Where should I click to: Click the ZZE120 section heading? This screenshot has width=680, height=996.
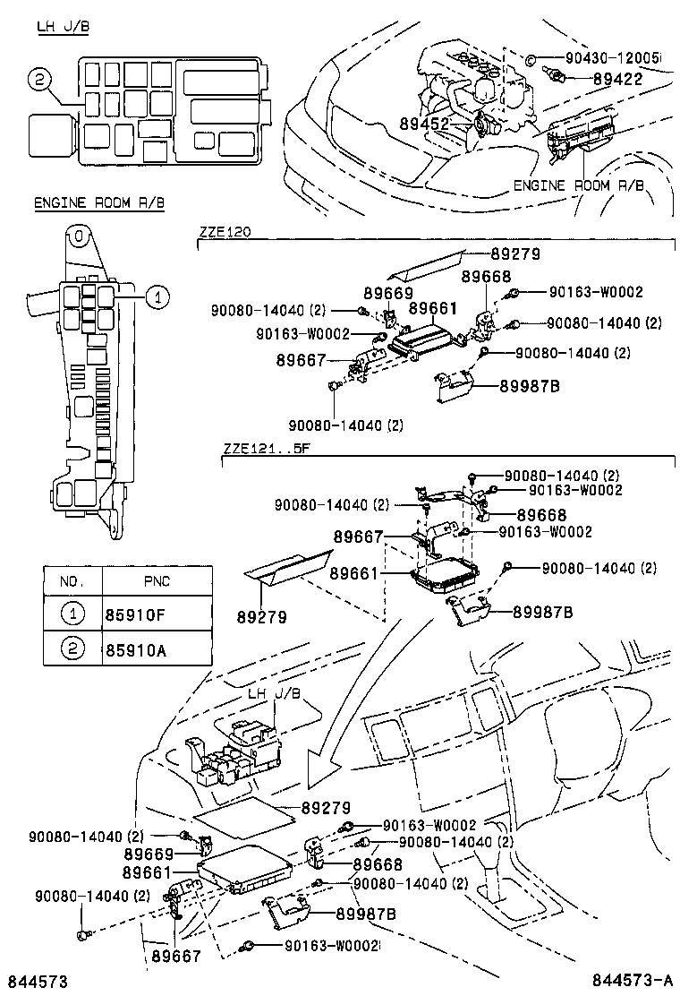[x=225, y=231]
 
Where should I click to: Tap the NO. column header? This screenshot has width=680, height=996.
[x=72, y=581]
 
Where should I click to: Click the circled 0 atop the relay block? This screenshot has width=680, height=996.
[x=79, y=237]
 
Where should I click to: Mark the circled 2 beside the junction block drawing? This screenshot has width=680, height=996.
[x=38, y=80]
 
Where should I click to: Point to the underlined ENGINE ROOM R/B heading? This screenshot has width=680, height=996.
[x=98, y=203]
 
